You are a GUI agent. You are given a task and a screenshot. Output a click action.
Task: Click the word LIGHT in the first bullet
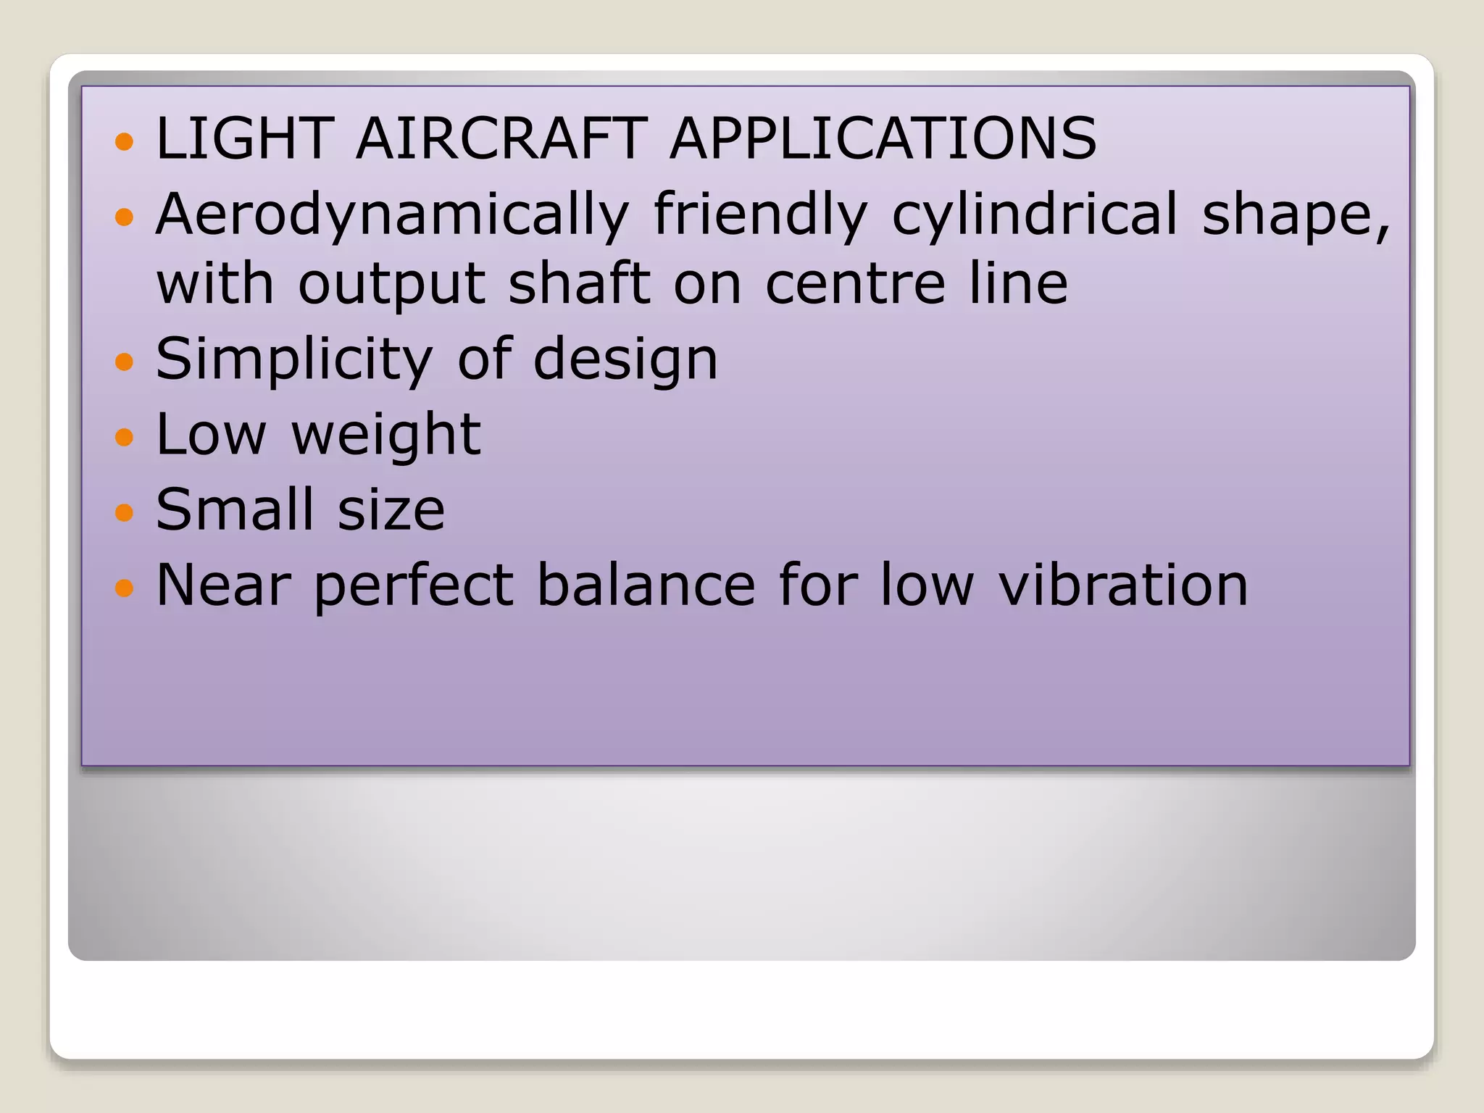pos(244,138)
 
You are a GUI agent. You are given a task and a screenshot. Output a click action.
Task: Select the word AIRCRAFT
pos(501,138)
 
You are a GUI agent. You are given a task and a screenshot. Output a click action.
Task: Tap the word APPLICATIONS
pos(883,138)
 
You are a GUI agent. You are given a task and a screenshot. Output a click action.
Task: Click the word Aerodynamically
pos(392,215)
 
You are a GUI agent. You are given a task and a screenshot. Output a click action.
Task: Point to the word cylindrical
pos(1034,215)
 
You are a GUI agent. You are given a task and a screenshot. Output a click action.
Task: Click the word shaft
pos(579,284)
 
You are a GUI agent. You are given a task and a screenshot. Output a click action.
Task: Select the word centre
pos(855,284)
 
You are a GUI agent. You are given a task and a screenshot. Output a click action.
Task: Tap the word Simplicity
pos(294,360)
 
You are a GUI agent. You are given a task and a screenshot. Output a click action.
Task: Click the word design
pos(625,360)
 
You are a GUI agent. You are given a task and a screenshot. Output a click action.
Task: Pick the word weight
pos(385,435)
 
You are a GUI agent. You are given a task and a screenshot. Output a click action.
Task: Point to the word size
pos(391,511)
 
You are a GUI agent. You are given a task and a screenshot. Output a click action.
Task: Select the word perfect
pos(414,586)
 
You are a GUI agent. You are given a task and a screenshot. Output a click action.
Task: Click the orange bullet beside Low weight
pos(125,437)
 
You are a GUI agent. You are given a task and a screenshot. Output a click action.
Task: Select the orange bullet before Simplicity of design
pos(125,361)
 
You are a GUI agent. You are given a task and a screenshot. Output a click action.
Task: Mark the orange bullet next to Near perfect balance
pos(125,587)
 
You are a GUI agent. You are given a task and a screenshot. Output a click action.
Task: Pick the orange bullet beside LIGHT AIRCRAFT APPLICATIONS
pos(125,141)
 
